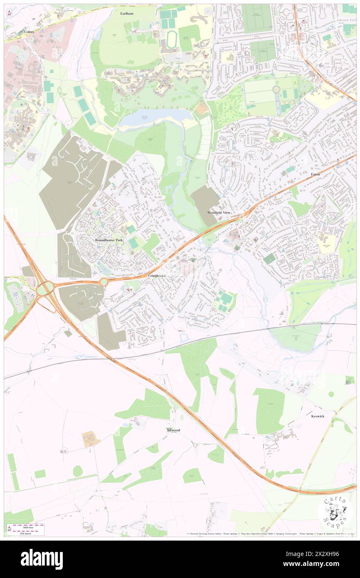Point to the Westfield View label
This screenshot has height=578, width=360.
[x=219, y=212]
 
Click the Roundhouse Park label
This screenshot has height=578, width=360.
[x=109, y=240]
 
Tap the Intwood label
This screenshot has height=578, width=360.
[x=173, y=430]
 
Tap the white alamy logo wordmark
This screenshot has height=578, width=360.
[x=42, y=559]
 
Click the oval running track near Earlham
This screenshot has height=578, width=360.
[x=171, y=40]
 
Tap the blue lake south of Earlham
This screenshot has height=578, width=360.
[x=154, y=116]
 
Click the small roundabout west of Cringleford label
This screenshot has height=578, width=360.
[x=103, y=282]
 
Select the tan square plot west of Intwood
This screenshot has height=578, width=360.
[x=91, y=439]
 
